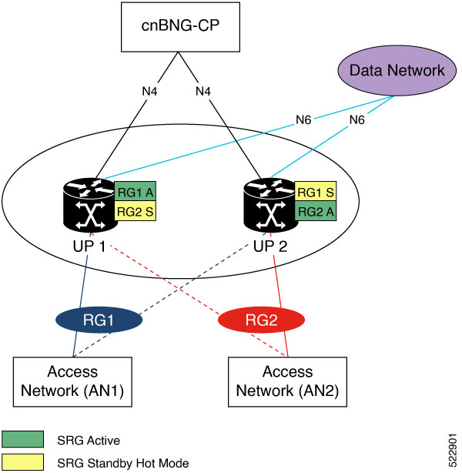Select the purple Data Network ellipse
[x=397, y=70]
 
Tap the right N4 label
[x=203, y=91]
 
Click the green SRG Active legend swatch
[x=23, y=440]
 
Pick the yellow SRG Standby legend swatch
[x=23, y=463]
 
